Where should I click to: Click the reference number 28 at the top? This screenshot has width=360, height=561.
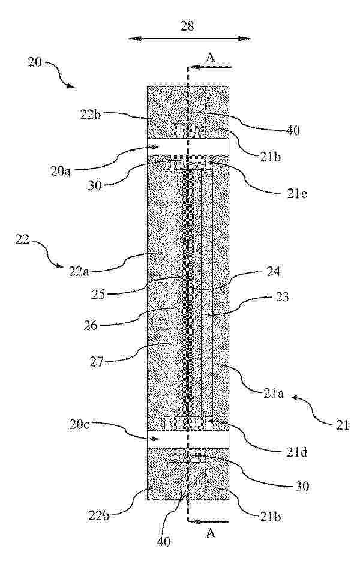(187, 26)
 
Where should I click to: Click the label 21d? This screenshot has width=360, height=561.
(296, 454)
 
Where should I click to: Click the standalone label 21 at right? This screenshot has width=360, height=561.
(342, 425)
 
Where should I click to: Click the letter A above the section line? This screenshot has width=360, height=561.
(211, 57)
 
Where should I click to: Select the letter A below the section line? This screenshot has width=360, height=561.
(211, 534)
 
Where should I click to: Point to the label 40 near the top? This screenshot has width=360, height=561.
(293, 131)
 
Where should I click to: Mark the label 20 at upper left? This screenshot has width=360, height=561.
(35, 62)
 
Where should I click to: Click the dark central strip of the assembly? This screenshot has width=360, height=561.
(188, 293)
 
